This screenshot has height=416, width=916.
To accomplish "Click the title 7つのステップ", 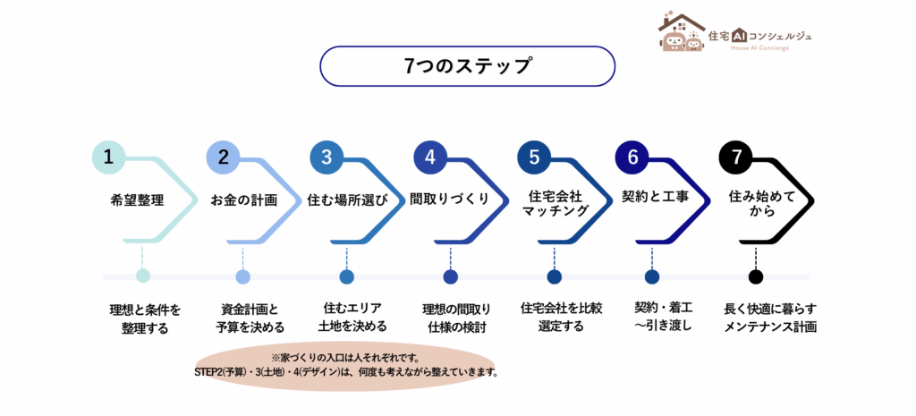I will (x=467, y=66).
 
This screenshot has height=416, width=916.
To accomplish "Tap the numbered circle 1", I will (x=108, y=157).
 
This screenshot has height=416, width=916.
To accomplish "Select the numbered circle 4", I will (x=430, y=157).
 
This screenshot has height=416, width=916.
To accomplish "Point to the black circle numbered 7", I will (x=736, y=157).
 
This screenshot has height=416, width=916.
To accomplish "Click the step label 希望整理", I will (x=138, y=200).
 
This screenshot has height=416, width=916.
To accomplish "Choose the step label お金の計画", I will (x=243, y=200).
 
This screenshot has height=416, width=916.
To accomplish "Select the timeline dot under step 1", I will (x=143, y=276).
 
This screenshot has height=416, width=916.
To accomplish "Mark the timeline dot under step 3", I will (x=346, y=276).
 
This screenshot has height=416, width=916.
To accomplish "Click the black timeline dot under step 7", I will (x=756, y=276).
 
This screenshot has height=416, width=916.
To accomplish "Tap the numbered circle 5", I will (x=534, y=157).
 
